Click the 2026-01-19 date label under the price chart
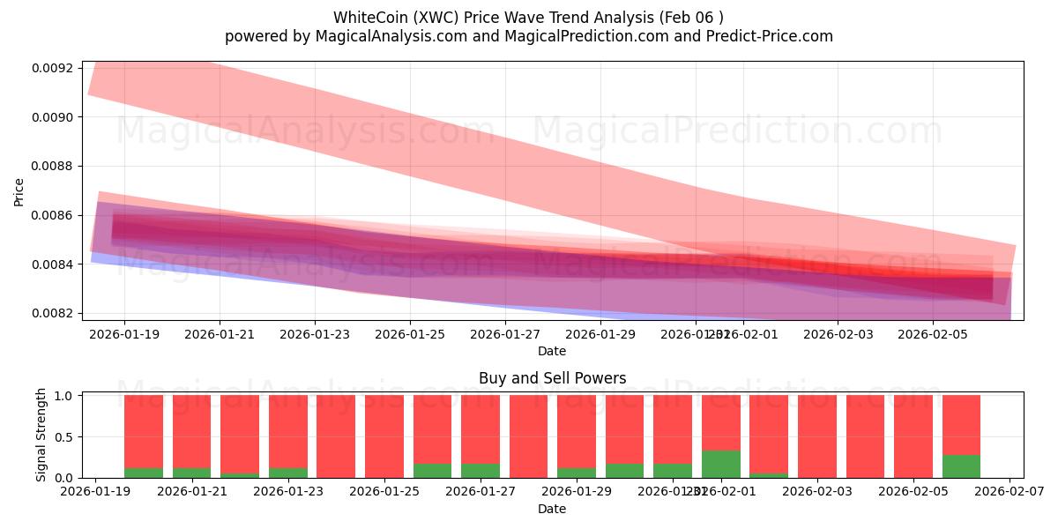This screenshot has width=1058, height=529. click(x=123, y=335)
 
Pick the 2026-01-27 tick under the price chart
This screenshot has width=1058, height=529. click(x=505, y=335)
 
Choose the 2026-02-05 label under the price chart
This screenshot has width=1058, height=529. click(x=933, y=335)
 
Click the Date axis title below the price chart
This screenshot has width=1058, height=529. click(x=552, y=352)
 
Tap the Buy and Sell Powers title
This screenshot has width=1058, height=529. click(x=552, y=379)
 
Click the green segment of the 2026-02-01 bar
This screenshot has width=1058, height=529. click(x=721, y=465)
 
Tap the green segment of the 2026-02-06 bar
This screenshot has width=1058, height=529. click(x=961, y=466)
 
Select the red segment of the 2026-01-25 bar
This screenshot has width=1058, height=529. click(x=384, y=436)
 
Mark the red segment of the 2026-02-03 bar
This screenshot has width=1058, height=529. click(x=817, y=436)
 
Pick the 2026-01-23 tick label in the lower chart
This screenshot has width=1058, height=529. click(x=288, y=493)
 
